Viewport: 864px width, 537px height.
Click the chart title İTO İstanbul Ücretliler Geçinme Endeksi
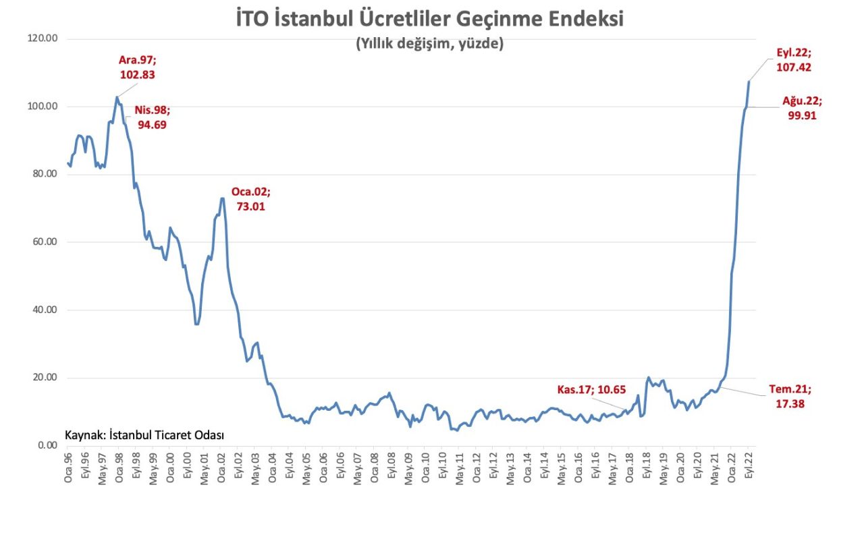coord(429,19)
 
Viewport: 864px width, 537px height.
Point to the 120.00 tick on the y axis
coord(43,38)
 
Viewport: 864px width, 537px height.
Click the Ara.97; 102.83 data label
coord(137,67)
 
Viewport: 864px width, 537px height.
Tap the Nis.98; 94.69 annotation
coord(151,117)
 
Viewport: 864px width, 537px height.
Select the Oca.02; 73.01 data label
coord(251,199)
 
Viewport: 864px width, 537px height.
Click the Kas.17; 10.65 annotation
coord(592,389)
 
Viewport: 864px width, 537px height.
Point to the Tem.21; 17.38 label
coord(790,397)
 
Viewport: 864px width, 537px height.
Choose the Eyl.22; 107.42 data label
coord(794,59)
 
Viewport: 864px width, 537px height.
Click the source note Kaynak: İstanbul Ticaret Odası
coord(144,435)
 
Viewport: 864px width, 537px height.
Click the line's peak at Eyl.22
coord(749,82)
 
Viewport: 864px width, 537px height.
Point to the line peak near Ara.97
coord(117,96)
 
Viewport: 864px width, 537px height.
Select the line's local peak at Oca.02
coord(222,198)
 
